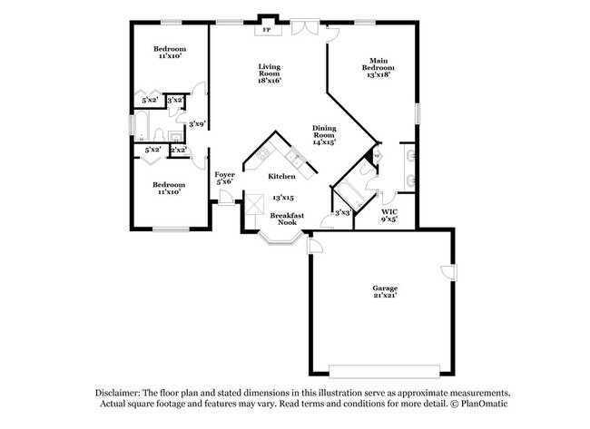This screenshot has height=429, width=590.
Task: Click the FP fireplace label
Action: point(267,30)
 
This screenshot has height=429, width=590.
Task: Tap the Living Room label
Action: point(269,73)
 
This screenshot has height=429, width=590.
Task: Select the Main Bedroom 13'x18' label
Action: point(379,66)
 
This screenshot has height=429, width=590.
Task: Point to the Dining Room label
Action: point(324,135)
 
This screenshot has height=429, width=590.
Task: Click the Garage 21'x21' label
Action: point(384,292)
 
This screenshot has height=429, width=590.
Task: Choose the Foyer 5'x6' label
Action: point(224,178)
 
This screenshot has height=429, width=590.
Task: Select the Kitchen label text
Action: point(281,176)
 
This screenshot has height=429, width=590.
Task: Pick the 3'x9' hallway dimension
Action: point(197,123)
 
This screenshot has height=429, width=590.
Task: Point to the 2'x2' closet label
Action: point(179,150)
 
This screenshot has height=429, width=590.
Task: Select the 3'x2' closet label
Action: point(175,100)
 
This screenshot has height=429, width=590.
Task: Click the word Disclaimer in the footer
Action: point(123,393)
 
